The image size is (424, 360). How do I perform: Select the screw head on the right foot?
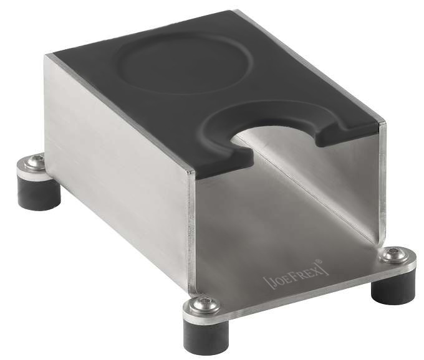click(x=392, y=255)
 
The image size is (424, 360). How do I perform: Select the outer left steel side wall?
click(x=118, y=174)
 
